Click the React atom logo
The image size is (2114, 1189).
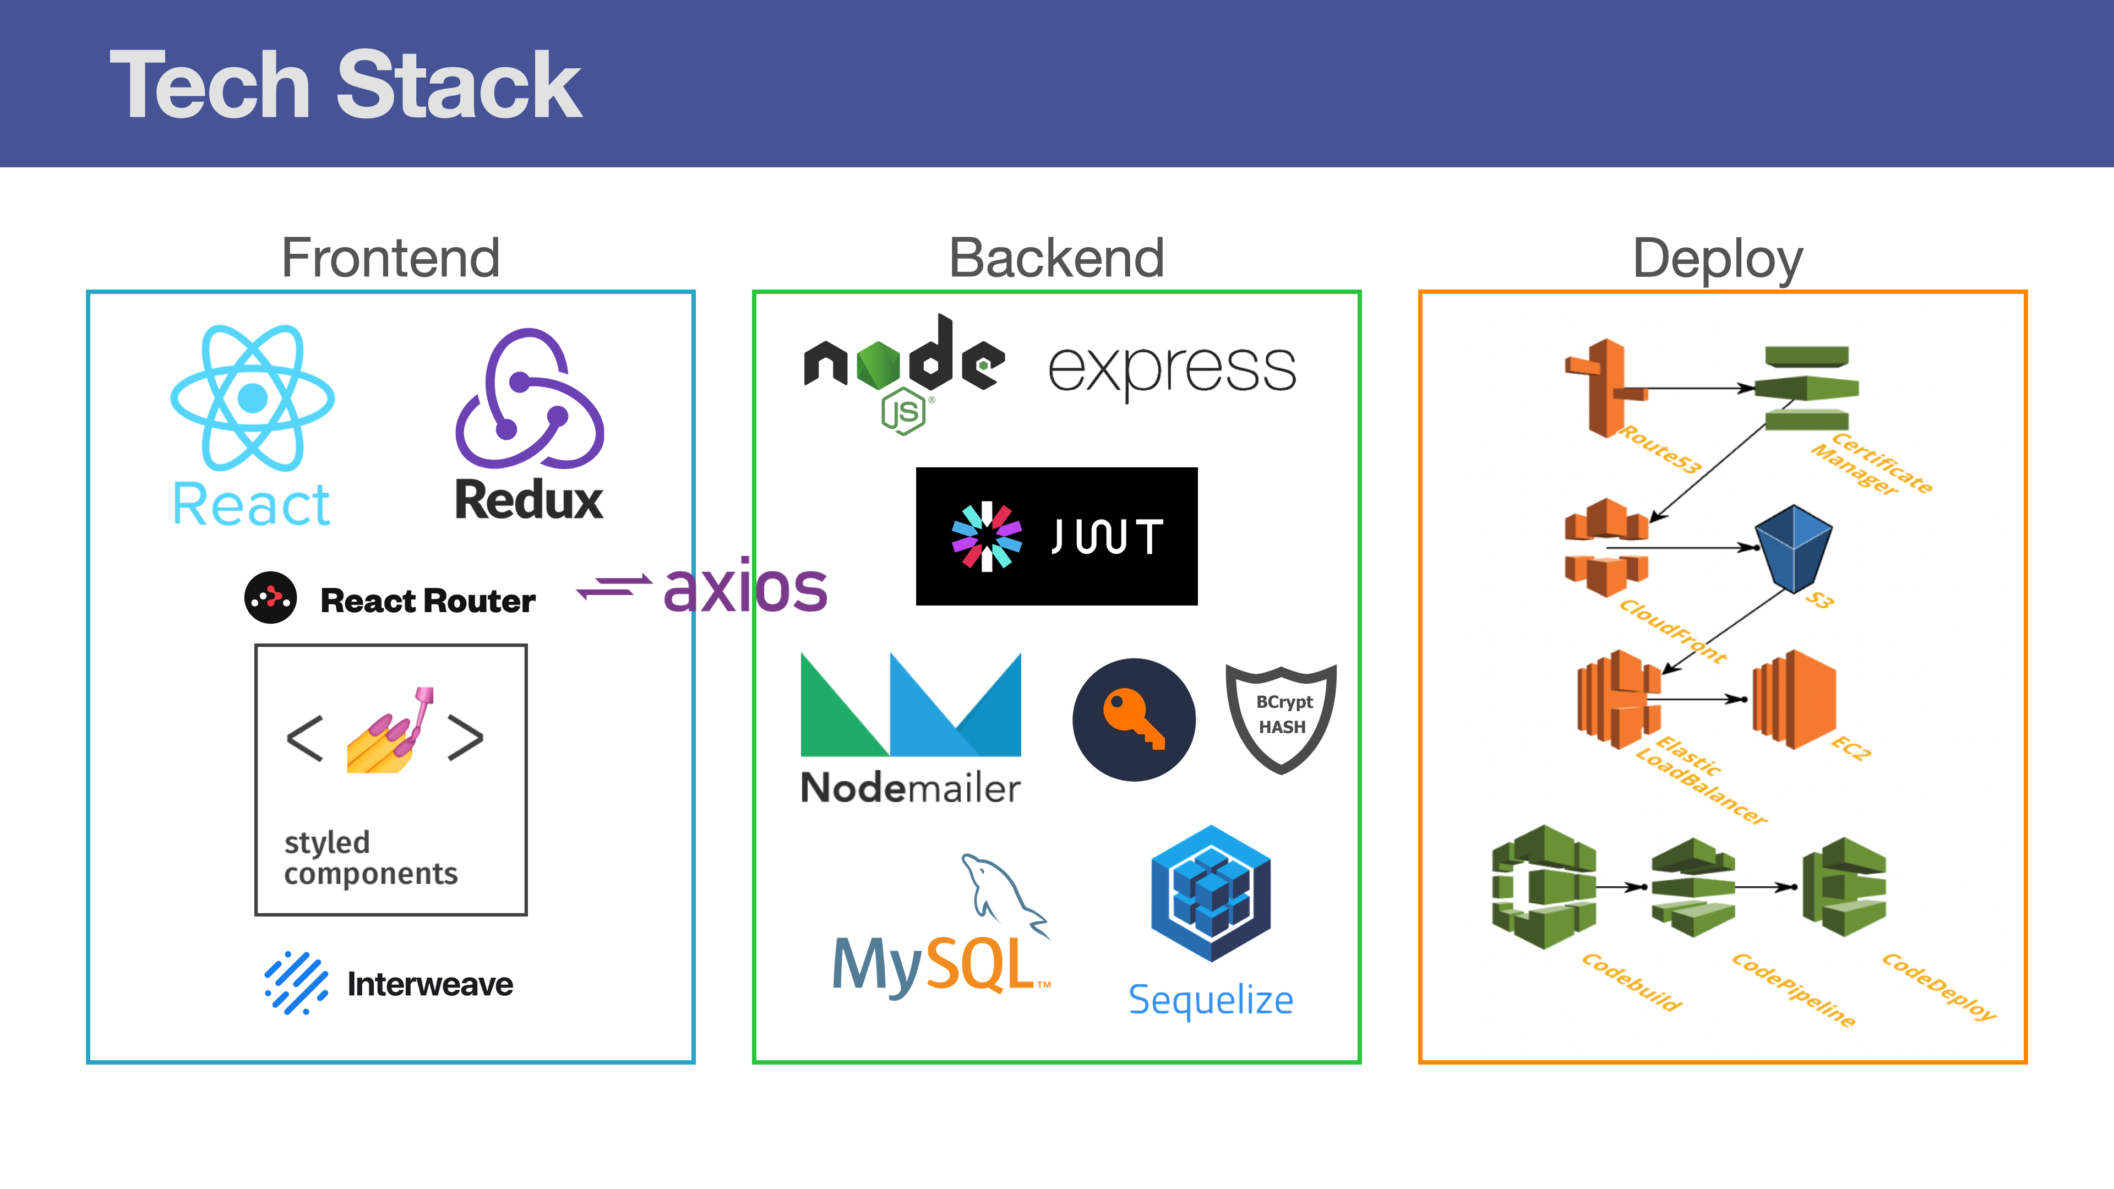[253, 398]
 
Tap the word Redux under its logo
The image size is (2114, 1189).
[529, 500]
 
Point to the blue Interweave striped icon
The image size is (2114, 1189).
[296, 983]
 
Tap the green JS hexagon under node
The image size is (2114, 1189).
[903, 412]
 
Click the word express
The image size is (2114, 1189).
[1172, 369]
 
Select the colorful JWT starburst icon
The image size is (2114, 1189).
[987, 537]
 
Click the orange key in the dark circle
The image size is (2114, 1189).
[1134, 719]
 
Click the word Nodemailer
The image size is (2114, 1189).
[910, 788]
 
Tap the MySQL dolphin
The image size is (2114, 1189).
[1004, 895]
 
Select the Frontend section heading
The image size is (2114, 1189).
[391, 258]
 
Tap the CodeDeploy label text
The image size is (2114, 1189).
[1939, 987]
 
